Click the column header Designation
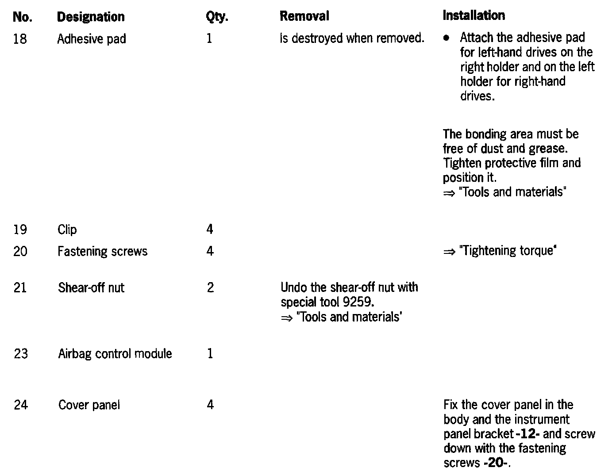[x=91, y=17]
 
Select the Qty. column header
[x=216, y=17]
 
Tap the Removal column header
[x=304, y=16]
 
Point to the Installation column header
[x=474, y=15]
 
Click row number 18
[x=20, y=39]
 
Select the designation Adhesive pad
[x=92, y=39]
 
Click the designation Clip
[x=67, y=230]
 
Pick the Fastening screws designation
[x=102, y=251]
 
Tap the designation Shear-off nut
[x=91, y=288]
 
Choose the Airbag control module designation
[x=115, y=354]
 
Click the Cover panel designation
[x=89, y=405]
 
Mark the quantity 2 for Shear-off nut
[x=210, y=288]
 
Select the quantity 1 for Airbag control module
[x=210, y=354]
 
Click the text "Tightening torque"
[x=508, y=251]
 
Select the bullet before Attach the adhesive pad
[x=447, y=38]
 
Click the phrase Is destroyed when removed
[x=352, y=38]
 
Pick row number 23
[x=20, y=354]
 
